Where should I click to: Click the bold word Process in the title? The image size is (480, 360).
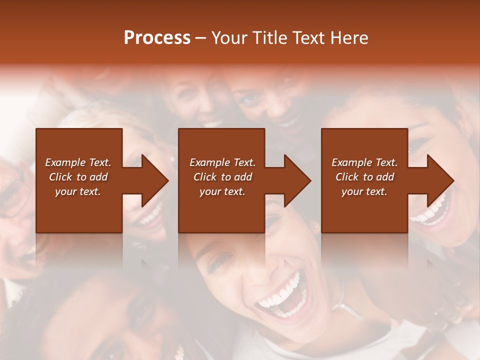click(x=157, y=38)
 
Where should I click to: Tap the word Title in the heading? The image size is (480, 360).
click(x=268, y=38)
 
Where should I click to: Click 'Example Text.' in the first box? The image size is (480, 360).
click(x=78, y=162)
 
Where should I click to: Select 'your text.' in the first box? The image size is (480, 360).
click(x=78, y=191)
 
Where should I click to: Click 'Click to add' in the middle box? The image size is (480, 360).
click(x=222, y=177)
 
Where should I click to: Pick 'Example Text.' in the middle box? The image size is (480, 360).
click(x=222, y=162)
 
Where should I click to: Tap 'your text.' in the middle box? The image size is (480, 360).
click(x=222, y=191)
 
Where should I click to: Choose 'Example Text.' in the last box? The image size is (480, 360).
click(x=364, y=162)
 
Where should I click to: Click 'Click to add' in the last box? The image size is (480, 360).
click(x=364, y=177)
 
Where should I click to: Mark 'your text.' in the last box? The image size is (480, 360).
click(x=364, y=191)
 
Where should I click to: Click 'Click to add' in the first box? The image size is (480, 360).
click(x=78, y=177)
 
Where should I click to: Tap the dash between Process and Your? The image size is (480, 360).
click(x=200, y=38)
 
